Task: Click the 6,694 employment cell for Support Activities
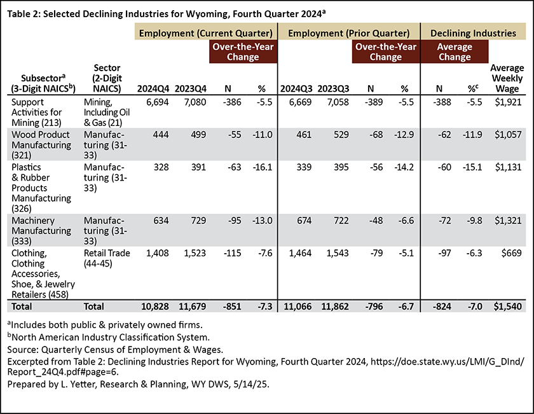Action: point(158,102)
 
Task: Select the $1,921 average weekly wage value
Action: point(508,102)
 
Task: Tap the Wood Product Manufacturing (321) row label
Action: point(41,145)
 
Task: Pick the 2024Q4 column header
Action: point(153,88)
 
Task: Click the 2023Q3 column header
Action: point(333,88)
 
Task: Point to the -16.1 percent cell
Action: point(262,167)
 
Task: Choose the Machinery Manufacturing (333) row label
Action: point(41,231)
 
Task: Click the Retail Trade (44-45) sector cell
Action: point(107,258)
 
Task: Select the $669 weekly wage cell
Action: point(512,253)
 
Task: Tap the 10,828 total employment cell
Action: point(155,307)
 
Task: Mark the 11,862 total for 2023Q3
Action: point(335,307)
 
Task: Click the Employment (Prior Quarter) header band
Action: point(349,33)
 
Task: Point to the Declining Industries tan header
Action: point(474,33)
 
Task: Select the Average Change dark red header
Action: point(455,52)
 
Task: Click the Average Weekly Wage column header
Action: point(507,78)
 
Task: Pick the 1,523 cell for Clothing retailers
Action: point(195,253)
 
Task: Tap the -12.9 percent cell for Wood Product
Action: point(404,135)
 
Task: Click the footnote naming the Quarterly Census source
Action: point(115,350)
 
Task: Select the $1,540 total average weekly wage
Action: point(508,307)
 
